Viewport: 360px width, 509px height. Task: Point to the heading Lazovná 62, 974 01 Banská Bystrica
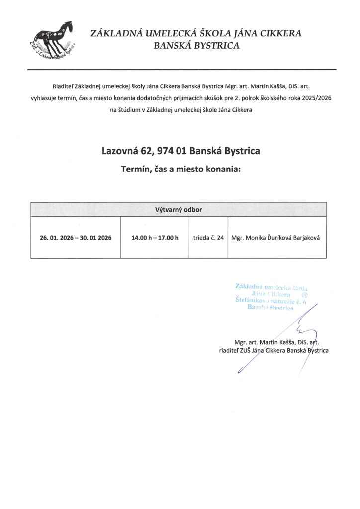click(x=180, y=150)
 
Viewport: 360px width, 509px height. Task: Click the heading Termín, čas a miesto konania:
click(x=180, y=169)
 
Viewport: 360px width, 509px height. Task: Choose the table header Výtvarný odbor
click(x=179, y=209)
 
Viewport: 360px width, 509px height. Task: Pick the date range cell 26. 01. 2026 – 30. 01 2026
click(x=76, y=238)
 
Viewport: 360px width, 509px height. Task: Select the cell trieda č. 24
click(x=208, y=238)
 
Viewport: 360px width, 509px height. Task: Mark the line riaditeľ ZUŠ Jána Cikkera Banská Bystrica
click(x=273, y=350)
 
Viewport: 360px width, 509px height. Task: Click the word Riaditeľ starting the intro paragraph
click(x=62, y=86)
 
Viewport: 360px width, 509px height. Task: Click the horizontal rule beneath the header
click(x=180, y=69)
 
